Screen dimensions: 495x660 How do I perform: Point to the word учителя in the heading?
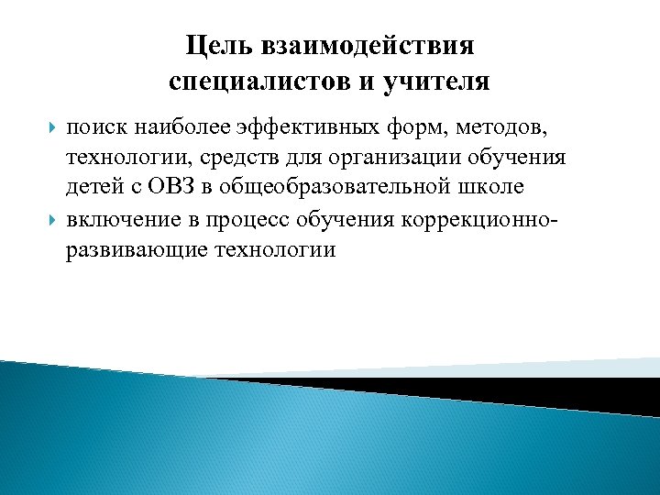click(x=439, y=82)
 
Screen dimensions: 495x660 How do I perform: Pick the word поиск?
click(x=96, y=126)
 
